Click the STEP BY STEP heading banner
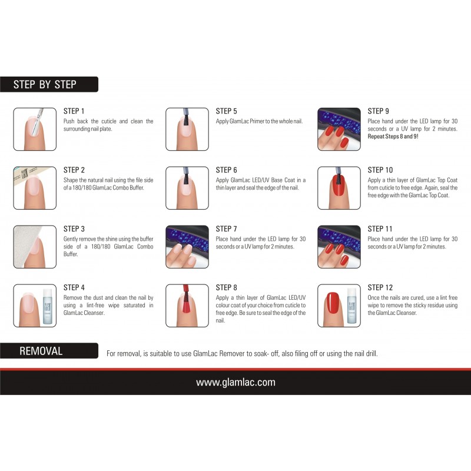[x=49, y=84]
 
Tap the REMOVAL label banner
[x=49, y=350]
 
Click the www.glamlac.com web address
[x=235, y=382]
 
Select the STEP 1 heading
[x=74, y=111]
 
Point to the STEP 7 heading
[x=226, y=229]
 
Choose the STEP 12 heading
[x=380, y=287]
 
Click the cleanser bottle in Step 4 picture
[x=48, y=306]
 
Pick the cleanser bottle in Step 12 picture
[x=351, y=306]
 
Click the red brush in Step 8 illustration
[x=186, y=297]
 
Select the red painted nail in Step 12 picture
[x=333, y=304]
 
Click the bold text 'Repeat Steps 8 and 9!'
[x=393, y=137]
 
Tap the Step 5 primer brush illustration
[x=186, y=117]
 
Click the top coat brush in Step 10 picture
[x=339, y=175]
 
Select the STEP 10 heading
[x=380, y=170]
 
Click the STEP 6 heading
[x=226, y=170]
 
